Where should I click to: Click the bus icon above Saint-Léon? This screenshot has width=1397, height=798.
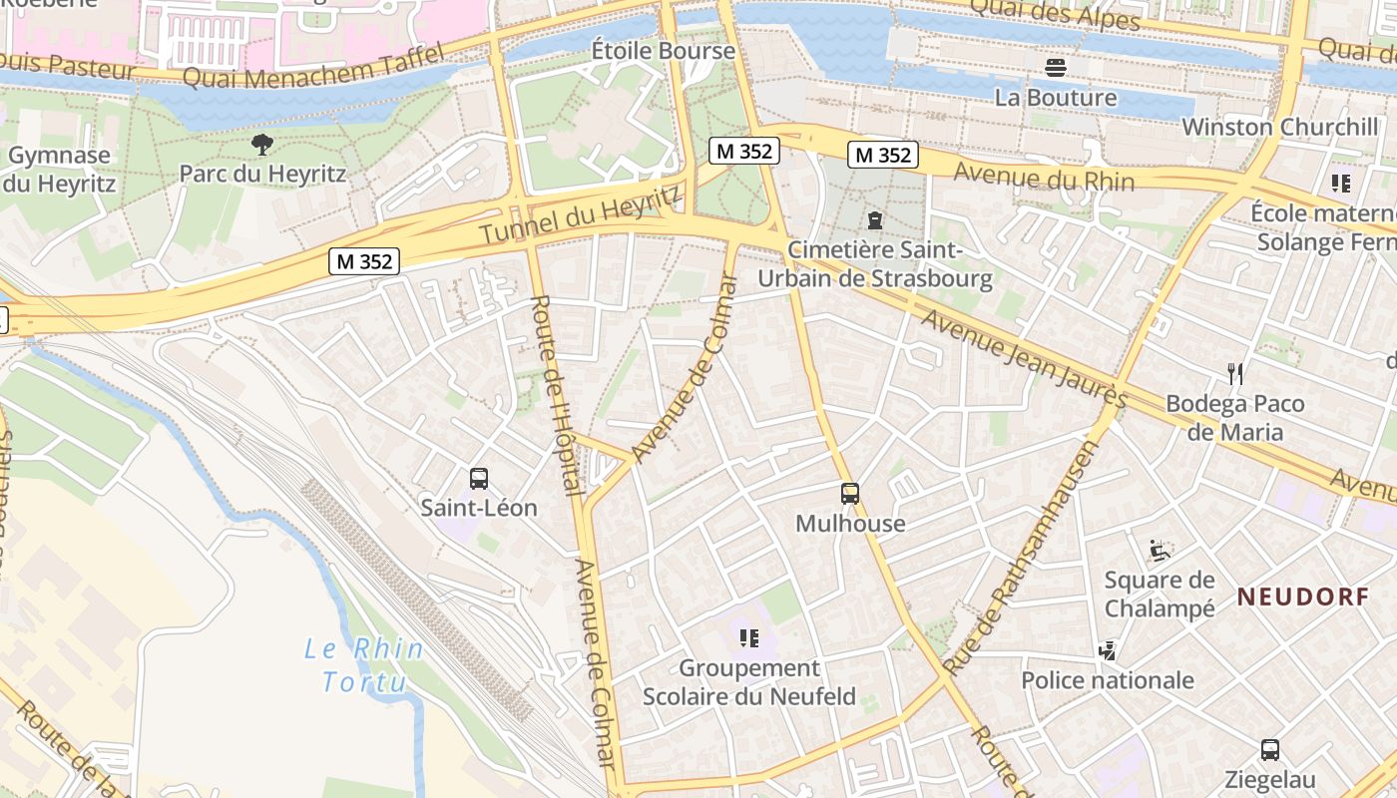point(479,479)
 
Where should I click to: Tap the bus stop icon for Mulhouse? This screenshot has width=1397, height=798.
point(850,494)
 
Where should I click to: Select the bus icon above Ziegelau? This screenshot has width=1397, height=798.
point(1269,750)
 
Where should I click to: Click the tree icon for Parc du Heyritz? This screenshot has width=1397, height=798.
point(262,146)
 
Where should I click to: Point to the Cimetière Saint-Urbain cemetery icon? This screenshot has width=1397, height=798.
point(875,219)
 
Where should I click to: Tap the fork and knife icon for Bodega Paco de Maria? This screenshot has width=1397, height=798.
point(1235,374)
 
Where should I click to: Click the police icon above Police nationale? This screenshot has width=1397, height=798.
point(1107,651)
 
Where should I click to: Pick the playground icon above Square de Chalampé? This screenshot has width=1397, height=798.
point(1159,550)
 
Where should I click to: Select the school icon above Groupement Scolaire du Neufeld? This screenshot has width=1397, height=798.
point(748,638)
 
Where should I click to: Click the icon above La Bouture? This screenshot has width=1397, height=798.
point(1056,68)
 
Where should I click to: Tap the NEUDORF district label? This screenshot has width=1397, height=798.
point(1303,598)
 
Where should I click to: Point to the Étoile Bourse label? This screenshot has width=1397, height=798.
point(649,50)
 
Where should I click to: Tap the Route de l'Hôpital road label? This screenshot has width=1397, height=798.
point(555,394)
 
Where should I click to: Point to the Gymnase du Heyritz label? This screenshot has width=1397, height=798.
point(61,170)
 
